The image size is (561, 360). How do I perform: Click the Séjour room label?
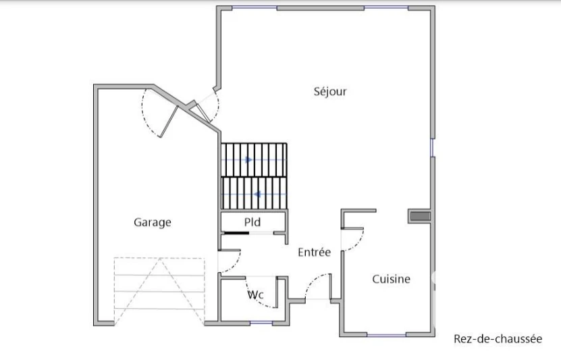point(330,92)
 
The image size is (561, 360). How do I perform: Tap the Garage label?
point(153,222)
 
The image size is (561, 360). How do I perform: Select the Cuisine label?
point(391,279)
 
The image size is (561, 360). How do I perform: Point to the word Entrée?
point(314,252)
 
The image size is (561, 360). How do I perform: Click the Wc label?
point(256,295)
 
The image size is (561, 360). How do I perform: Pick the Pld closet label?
point(252,222)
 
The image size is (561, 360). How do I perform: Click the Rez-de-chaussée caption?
point(498,338)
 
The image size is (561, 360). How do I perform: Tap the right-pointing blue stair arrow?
point(249,159)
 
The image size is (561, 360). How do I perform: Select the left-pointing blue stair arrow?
point(257,195)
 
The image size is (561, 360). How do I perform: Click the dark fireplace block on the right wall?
point(420,216)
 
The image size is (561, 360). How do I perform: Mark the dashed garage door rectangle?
point(159,291)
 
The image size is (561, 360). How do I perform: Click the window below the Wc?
point(261,323)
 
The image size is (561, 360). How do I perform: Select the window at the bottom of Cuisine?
point(386,334)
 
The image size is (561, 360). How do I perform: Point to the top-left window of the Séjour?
point(255,7)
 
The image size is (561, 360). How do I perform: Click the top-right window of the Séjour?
point(386,7)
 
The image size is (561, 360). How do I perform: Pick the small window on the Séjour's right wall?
point(432,147)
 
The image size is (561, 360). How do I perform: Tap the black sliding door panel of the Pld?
point(236,233)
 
